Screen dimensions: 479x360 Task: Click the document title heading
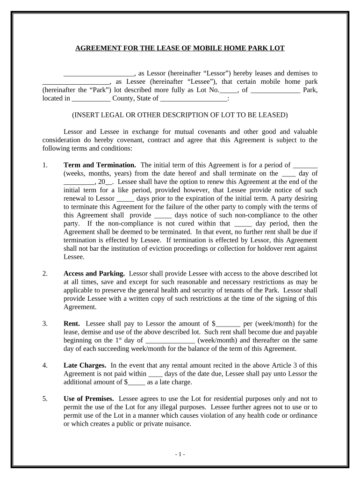180,48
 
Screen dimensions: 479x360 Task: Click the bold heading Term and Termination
100,165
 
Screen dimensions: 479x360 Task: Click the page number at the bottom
180,455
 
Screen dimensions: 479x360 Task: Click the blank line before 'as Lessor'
99,73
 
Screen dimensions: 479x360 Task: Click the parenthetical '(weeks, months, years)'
95,174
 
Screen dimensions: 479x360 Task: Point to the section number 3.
44,324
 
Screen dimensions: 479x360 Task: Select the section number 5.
44,399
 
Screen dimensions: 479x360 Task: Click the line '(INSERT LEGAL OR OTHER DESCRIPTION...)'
180,115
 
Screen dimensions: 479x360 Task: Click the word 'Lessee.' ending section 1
74,257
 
